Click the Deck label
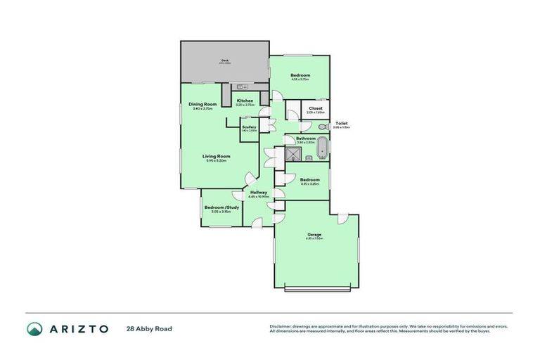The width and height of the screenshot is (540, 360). (225, 60)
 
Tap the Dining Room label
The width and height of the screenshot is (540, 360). (202, 105)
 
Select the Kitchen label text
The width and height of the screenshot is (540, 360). (245, 101)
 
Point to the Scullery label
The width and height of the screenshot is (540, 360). (249, 127)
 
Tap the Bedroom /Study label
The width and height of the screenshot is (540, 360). (221, 207)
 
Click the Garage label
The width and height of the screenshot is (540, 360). (314, 234)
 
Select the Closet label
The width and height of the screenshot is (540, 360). (315, 108)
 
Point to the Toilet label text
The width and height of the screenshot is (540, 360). (341, 124)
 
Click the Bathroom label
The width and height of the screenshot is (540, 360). (305, 139)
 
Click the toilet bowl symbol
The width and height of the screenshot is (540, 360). (321, 127)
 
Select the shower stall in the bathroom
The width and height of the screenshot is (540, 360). (290, 153)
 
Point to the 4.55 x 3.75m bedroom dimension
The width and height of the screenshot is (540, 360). (300, 79)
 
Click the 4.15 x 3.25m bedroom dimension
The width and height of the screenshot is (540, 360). (309, 184)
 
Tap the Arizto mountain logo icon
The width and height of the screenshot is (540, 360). (34, 328)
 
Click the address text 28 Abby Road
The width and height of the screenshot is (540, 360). (149, 328)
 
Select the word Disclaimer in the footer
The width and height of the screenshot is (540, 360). (281, 326)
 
